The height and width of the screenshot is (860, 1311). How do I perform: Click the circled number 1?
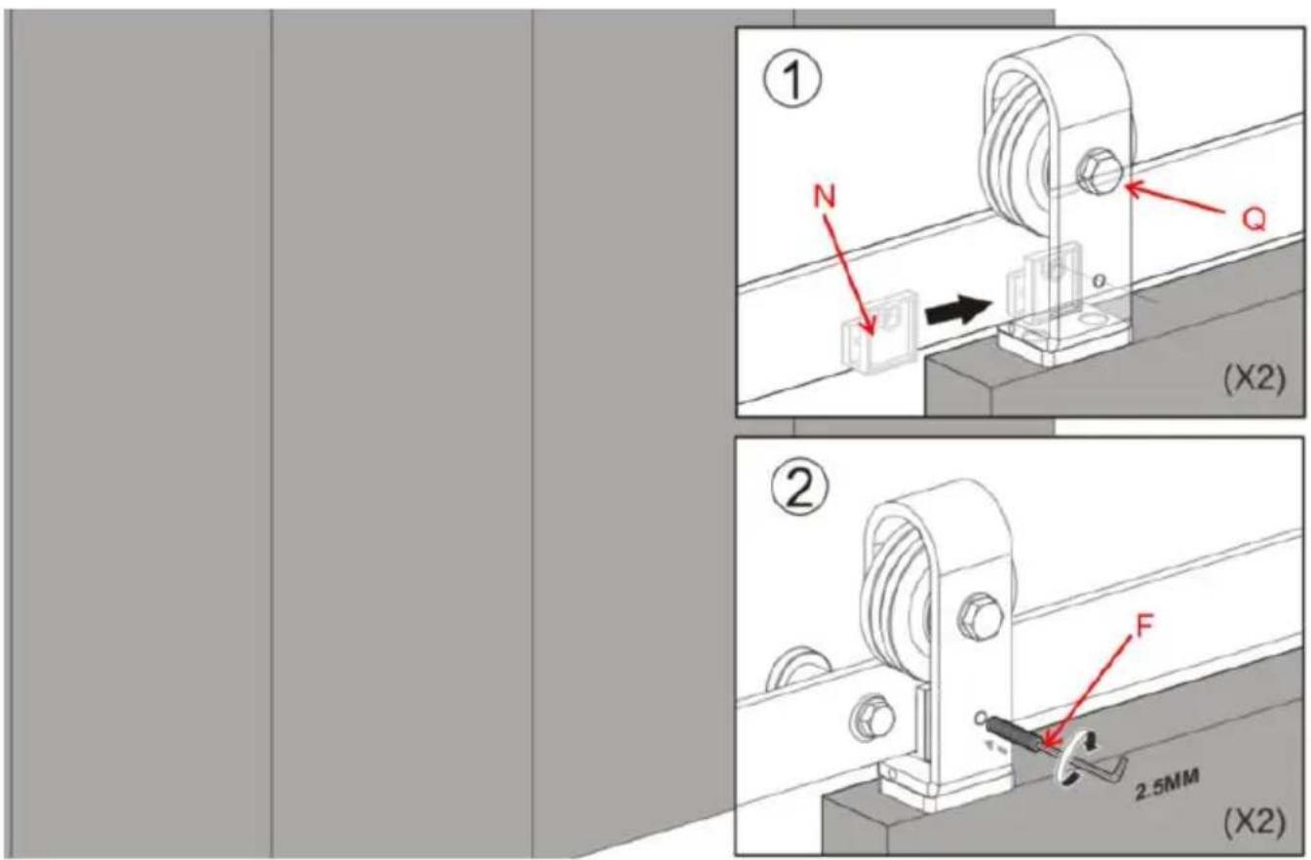coord(793,78)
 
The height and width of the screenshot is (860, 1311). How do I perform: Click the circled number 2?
coord(799,489)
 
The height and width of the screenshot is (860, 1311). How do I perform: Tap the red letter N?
coord(824,197)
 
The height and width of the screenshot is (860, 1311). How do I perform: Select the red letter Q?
coord(1253,220)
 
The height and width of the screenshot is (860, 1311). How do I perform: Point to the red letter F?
coord(1143,626)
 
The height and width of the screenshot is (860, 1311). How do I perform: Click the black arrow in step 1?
coord(959,311)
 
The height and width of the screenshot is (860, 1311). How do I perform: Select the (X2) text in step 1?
coord(1254,378)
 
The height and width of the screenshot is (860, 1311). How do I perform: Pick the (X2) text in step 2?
coord(1254,822)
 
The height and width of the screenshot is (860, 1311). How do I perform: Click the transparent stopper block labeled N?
coord(879,332)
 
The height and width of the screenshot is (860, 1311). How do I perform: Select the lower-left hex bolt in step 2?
coord(871,719)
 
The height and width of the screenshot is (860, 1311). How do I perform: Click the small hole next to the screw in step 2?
coord(981,716)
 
